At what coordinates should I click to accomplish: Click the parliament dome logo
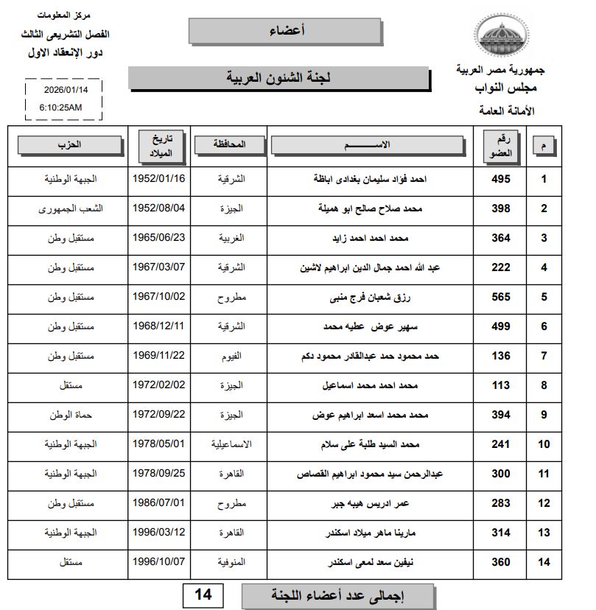click(x=501, y=35)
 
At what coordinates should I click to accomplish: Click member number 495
click(x=501, y=179)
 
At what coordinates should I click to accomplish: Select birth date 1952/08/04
click(x=159, y=208)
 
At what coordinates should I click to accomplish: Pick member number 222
click(x=501, y=267)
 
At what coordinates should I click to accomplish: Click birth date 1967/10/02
click(x=159, y=297)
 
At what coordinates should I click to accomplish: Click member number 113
click(x=501, y=385)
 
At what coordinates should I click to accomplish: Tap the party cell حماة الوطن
click(x=71, y=415)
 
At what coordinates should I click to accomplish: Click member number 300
click(x=501, y=474)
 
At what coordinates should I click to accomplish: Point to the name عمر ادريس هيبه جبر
click(x=369, y=504)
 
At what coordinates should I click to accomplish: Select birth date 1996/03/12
click(x=159, y=532)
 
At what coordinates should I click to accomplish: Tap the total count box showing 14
click(x=203, y=594)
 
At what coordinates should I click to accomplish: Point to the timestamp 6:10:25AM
click(x=60, y=107)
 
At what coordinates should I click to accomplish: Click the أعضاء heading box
click(x=284, y=30)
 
